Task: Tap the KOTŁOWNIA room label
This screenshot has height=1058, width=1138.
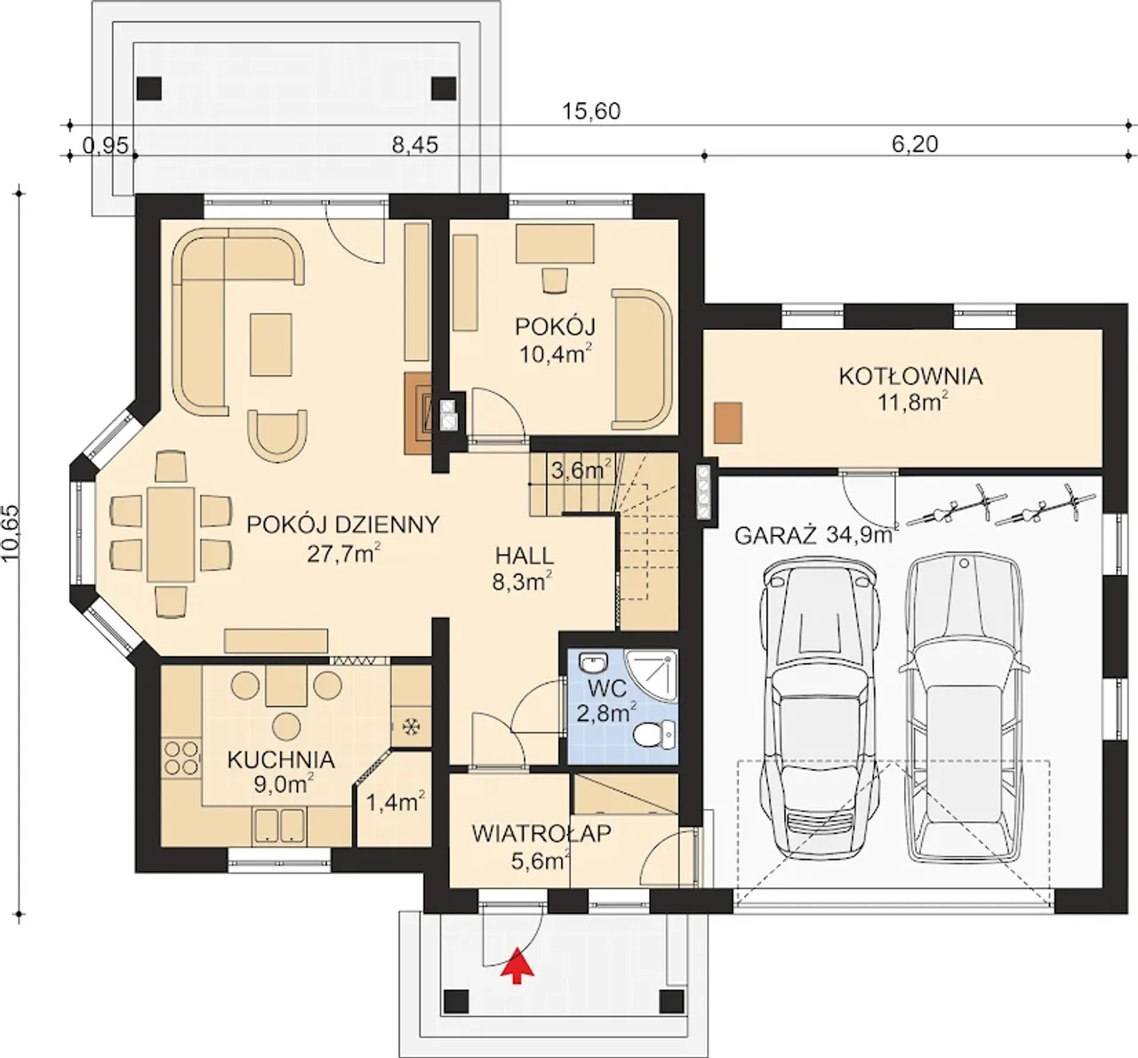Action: pyautogui.click(x=910, y=377)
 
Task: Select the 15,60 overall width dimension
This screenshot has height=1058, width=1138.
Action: pyautogui.click(x=590, y=111)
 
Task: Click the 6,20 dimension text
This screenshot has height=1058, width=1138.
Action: pyautogui.click(x=915, y=144)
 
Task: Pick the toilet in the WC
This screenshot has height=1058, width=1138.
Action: pyautogui.click(x=656, y=734)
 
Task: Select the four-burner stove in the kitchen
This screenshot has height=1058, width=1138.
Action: pyautogui.click(x=181, y=757)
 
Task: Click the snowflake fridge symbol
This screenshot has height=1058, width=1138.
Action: pyautogui.click(x=410, y=727)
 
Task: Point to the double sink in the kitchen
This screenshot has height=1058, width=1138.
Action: pyautogui.click(x=279, y=825)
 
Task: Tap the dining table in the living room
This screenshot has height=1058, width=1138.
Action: pyautogui.click(x=170, y=534)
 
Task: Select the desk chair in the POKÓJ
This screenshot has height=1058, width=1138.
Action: pyautogui.click(x=555, y=280)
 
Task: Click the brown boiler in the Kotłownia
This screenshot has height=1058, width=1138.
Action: pyautogui.click(x=728, y=422)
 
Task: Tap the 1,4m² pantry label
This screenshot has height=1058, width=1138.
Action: pyautogui.click(x=396, y=803)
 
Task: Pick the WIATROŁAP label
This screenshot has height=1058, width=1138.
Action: pyautogui.click(x=541, y=833)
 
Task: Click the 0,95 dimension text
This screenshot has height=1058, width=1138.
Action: pyautogui.click(x=106, y=146)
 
